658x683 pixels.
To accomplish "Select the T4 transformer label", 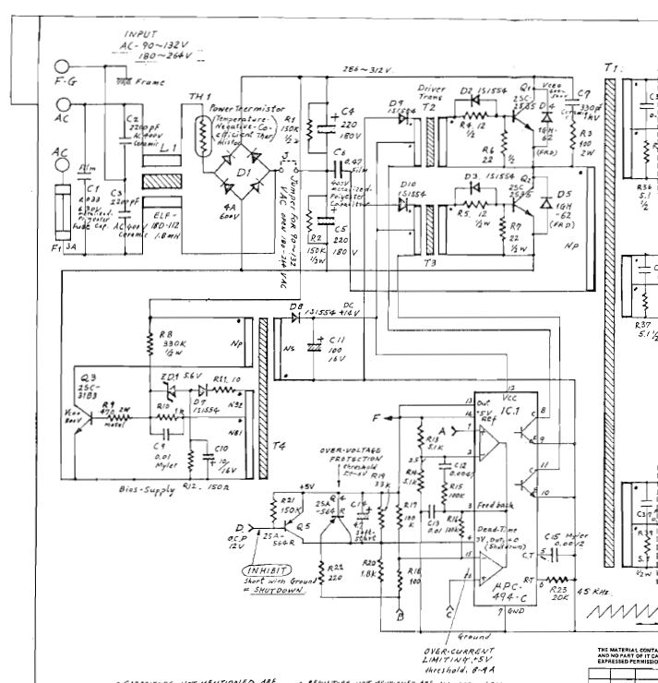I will (x=278, y=445).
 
